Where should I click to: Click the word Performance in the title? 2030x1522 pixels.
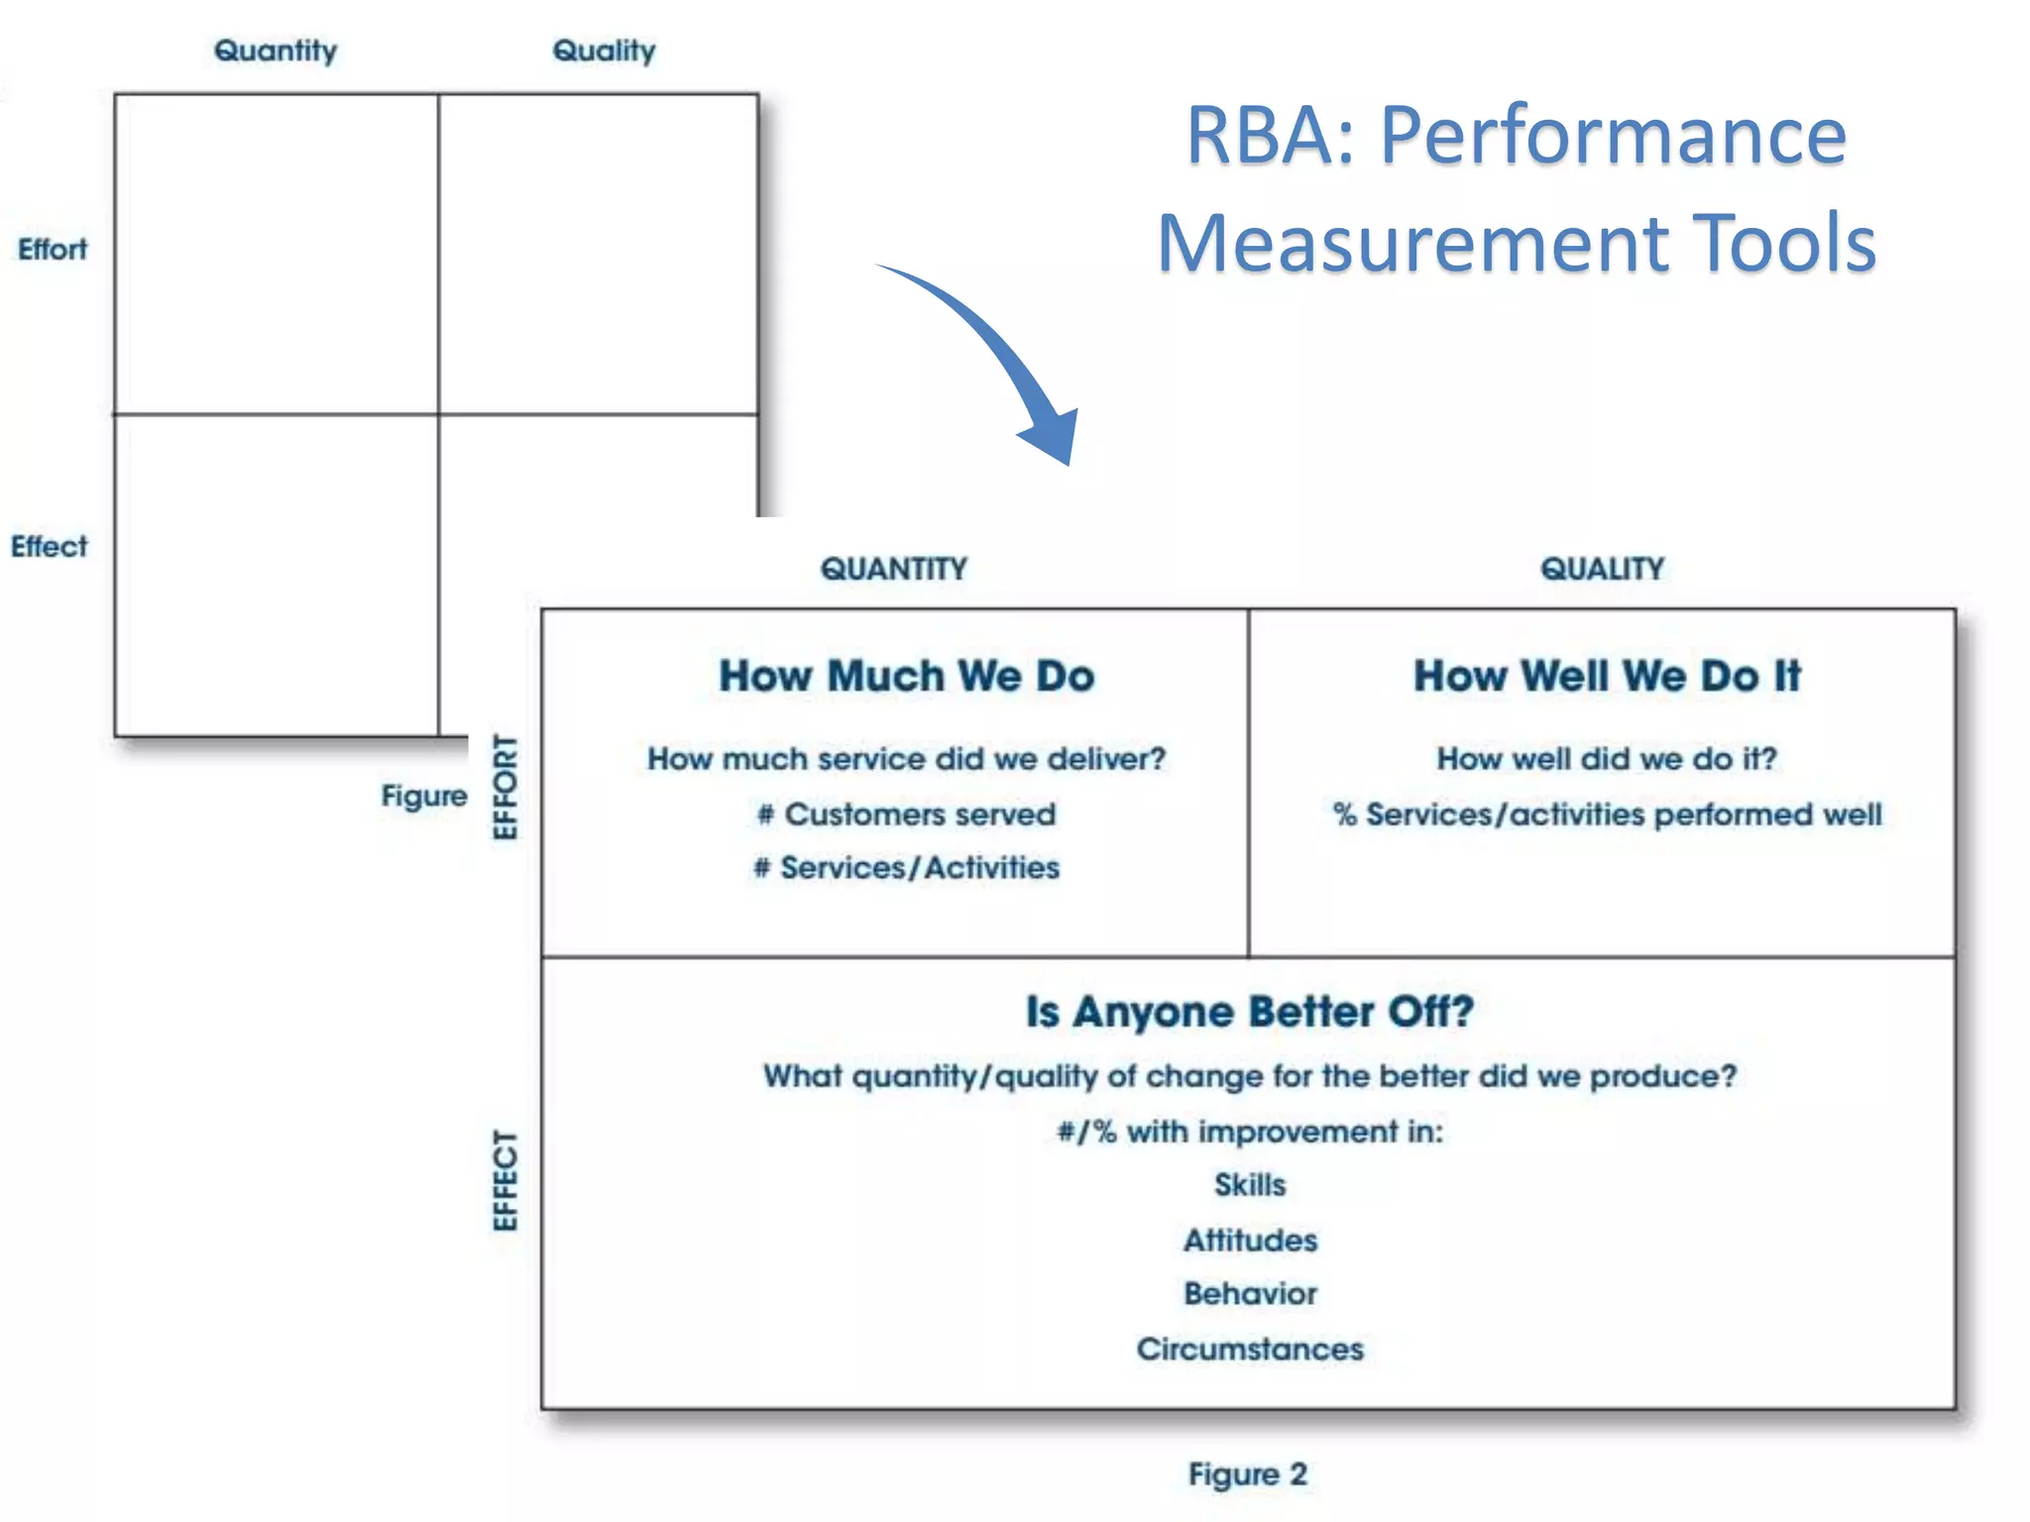pyautogui.click(x=1613, y=136)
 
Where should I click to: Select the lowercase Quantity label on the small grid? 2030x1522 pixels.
pyautogui.click(x=276, y=51)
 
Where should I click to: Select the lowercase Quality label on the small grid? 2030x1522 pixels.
pyautogui.click(x=604, y=51)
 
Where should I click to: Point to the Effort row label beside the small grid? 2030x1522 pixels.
pyautogui.click(x=53, y=249)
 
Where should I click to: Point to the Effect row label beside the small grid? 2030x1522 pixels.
pyautogui.click(x=50, y=546)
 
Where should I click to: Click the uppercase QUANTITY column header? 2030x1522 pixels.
pyautogui.click(x=893, y=569)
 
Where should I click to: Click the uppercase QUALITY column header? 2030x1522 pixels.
pyautogui.click(x=1602, y=569)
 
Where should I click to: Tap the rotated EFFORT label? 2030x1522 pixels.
pyautogui.click(x=506, y=787)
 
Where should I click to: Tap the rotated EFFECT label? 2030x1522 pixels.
pyautogui.click(x=506, y=1180)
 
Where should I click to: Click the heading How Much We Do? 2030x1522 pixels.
pyautogui.click(x=906, y=677)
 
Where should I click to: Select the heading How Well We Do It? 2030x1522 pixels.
pyautogui.click(x=1606, y=677)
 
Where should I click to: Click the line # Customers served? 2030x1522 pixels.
pyautogui.click(x=906, y=815)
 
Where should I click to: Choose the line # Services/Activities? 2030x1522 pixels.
pyautogui.click(x=906, y=868)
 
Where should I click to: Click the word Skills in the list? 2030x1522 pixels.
pyautogui.click(x=1249, y=1185)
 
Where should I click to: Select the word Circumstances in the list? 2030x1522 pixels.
pyautogui.click(x=1249, y=1350)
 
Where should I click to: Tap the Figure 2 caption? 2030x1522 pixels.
pyautogui.click(x=1247, y=1474)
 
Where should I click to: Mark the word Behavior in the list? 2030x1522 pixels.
pyautogui.click(x=1249, y=1294)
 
